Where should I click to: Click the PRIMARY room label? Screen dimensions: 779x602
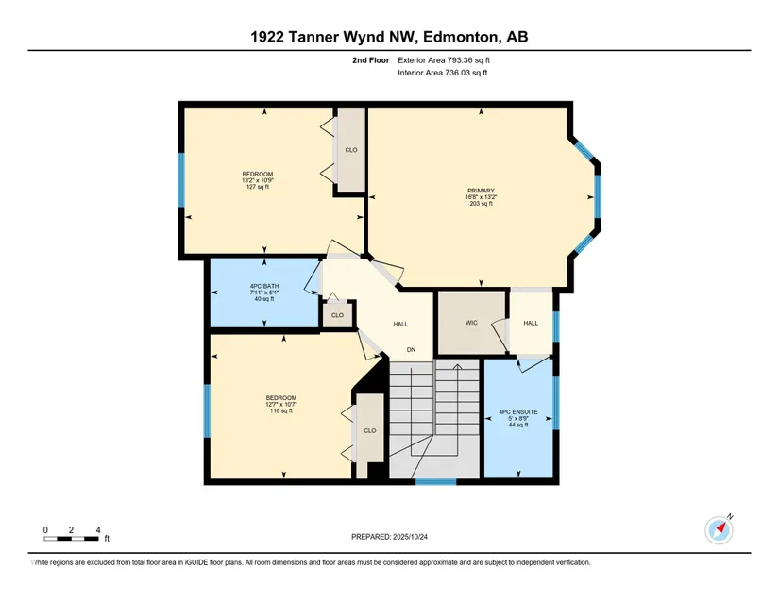(481, 191)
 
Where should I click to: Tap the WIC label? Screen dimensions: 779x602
(471, 323)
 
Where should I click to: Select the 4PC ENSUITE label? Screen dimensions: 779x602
(518, 412)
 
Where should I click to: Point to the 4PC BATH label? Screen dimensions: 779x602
(264, 286)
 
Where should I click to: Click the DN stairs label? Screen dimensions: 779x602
(412, 350)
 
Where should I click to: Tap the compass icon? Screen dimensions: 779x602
(719, 529)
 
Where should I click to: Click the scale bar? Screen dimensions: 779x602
(71, 539)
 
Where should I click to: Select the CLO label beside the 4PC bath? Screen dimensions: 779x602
(337, 315)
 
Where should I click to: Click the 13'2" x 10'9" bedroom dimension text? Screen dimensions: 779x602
(258, 180)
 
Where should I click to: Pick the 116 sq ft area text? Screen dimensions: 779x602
(281, 411)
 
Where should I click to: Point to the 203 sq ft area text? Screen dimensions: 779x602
(481, 204)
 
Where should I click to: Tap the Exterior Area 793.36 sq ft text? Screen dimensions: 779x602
(444, 60)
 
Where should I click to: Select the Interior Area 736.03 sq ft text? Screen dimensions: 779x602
(442, 73)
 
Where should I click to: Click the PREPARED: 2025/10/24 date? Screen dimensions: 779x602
(389, 537)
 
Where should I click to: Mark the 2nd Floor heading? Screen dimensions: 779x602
(371, 60)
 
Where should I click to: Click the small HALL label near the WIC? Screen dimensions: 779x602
(531, 323)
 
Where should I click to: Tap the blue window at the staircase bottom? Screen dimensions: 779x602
(435, 481)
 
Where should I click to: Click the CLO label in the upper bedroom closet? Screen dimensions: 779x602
(351, 150)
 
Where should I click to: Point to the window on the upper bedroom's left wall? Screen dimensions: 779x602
(181, 179)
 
